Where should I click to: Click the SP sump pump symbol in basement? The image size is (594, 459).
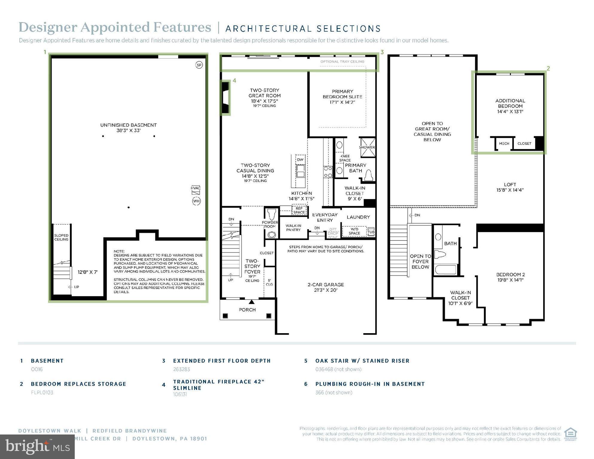pyautogui.click(x=199, y=65)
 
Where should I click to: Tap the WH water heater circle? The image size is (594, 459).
pyautogui.click(x=196, y=201)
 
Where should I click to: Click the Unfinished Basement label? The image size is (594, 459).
pyautogui.click(x=128, y=128)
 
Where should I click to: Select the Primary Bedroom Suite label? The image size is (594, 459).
pyautogui.click(x=342, y=97)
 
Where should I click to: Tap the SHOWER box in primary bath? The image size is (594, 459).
pyautogui.click(x=367, y=147)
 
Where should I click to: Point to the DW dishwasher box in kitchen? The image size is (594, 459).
pyautogui.click(x=300, y=159)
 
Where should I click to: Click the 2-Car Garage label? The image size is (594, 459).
pyautogui.click(x=326, y=287)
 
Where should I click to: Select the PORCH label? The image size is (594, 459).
pyautogui.click(x=247, y=310)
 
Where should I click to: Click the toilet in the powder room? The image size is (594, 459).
pyautogui.click(x=271, y=214)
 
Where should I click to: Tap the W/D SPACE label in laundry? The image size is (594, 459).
pyautogui.click(x=354, y=231)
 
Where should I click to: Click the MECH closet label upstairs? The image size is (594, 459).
pyautogui.click(x=504, y=143)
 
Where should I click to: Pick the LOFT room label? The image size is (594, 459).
pyautogui.click(x=510, y=187)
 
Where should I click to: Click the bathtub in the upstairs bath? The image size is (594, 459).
pyautogui.click(x=445, y=270)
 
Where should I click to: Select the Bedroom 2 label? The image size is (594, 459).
pyautogui.click(x=510, y=277)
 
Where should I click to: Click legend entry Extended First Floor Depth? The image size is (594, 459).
pyautogui.click(x=222, y=361)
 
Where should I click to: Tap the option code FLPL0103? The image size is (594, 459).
pyautogui.click(x=42, y=392)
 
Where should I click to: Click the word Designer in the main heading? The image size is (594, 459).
pyautogui.click(x=48, y=27)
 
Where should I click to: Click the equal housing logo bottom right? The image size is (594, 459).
pyautogui.click(x=570, y=434)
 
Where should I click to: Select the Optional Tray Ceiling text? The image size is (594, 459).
pyautogui.click(x=342, y=62)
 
